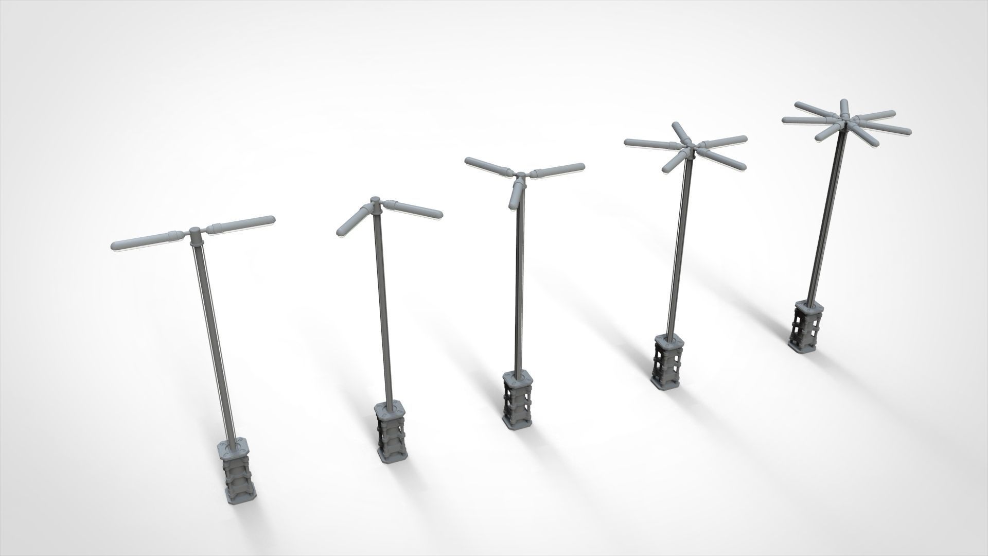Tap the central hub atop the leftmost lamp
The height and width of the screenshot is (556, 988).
(x=196, y=236)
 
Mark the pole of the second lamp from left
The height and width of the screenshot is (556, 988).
(x=383, y=309)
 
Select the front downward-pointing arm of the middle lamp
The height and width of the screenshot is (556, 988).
(x=515, y=196)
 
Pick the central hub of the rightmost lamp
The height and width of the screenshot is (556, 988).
(x=845, y=118)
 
